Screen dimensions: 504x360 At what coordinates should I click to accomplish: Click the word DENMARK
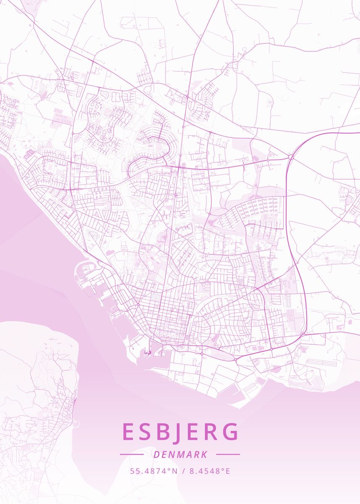tap(180, 454)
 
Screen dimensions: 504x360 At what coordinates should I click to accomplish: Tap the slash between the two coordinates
tap(183, 471)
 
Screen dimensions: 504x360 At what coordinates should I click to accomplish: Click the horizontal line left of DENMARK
tap(131, 454)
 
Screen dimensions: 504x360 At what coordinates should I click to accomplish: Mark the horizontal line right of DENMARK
tap(228, 454)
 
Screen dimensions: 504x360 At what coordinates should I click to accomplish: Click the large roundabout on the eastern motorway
tap(291, 157)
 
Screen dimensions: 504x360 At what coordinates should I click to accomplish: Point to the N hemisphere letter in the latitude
tap(175, 471)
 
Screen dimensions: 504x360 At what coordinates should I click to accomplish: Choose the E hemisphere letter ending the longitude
tap(228, 471)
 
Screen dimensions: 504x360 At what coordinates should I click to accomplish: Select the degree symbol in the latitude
tap(170, 469)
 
